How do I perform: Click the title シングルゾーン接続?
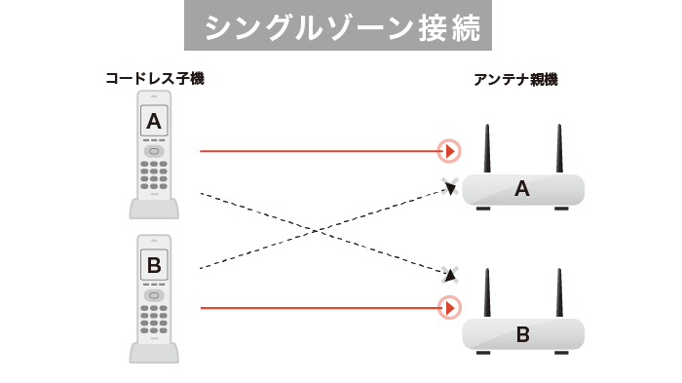click(339, 26)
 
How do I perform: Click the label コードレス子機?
click(155, 78)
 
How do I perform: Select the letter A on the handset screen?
click(154, 121)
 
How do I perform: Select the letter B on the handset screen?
click(154, 264)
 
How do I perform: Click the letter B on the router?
click(522, 335)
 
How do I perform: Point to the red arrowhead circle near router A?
click(449, 151)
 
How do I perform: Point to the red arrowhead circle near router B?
click(449, 309)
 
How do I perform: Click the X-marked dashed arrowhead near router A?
click(449, 188)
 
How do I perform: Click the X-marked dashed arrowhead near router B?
click(449, 274)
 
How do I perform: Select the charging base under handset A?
click(154, 209)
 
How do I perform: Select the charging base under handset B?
click(154, 352)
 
